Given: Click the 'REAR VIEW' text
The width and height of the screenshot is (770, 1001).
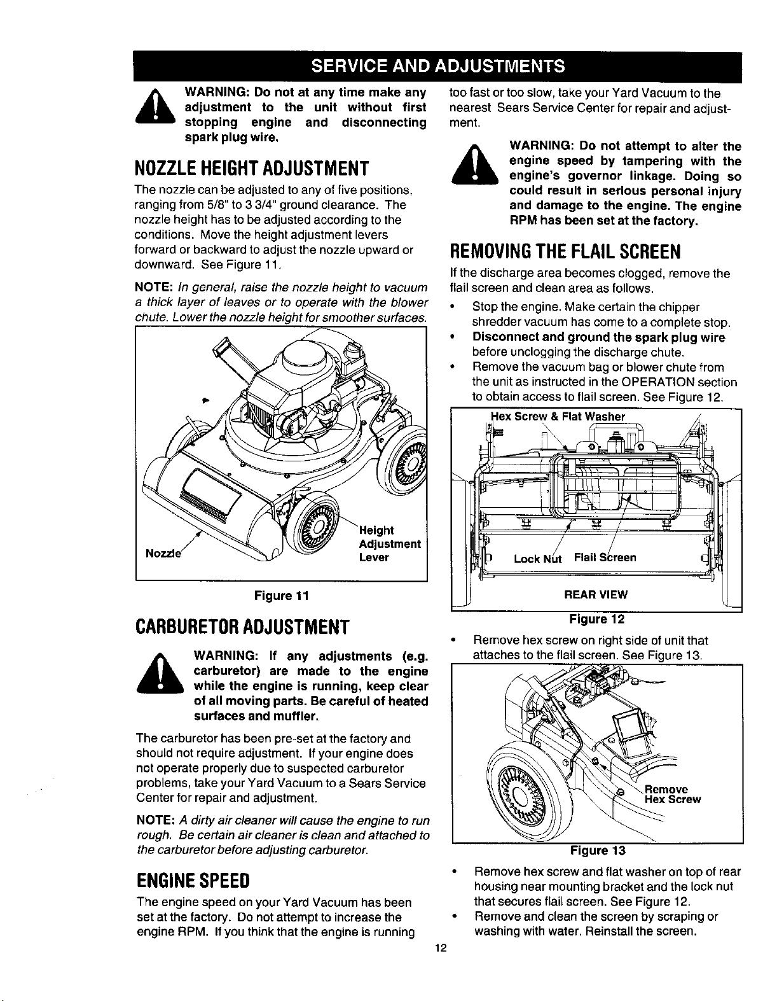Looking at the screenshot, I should [x=596, y=594].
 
